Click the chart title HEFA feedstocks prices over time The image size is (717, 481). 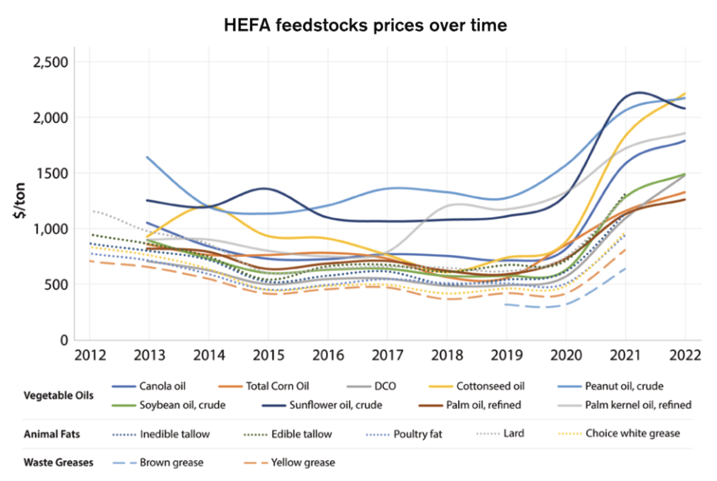[365, 25]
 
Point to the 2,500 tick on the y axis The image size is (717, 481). [50, 62]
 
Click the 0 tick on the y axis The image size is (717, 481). [64, 340]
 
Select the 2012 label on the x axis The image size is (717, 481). [90, 355]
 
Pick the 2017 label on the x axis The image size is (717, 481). [387, 355]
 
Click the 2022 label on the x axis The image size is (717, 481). [684, 355]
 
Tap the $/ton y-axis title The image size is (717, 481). [20, 200]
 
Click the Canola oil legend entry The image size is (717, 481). [162, 386]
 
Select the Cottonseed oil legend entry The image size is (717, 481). [490, 386]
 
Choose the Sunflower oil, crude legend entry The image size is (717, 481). [335, 405]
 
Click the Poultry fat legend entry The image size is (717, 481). [418, 434]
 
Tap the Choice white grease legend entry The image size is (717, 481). [632, 434]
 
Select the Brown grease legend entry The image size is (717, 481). [171, 463]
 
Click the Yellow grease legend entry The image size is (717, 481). [303, 463]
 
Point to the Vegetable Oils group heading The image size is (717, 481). [59, 396]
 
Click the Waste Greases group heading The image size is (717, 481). [59, 463]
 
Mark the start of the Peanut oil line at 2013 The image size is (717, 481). [147, 157]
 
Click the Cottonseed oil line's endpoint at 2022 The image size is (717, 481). [685, 94]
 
